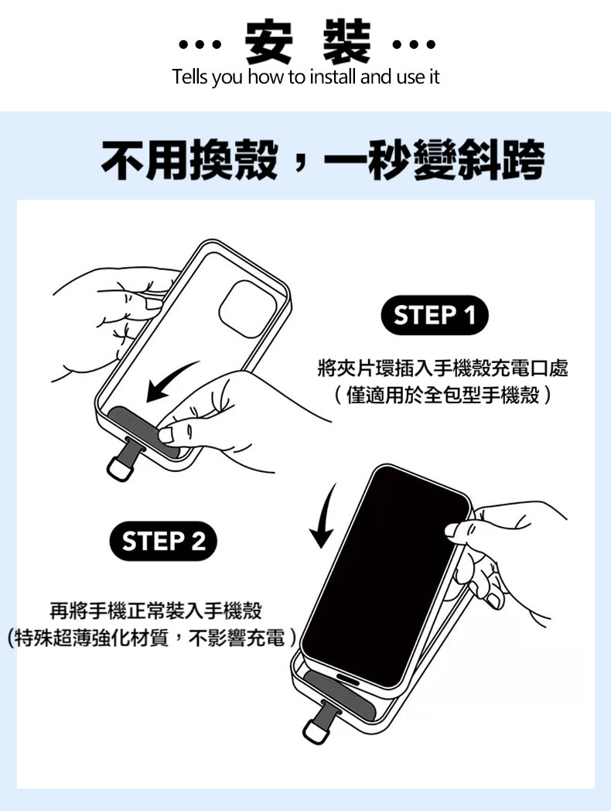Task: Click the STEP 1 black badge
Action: coord(434,315)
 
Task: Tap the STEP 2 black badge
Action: coord(163,541)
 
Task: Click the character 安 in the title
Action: coord(268,41)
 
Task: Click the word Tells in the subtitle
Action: coord(189,77)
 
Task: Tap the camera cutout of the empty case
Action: coord(247,310)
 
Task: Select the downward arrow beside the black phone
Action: coord(323,517)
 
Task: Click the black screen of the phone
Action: coord(385,577)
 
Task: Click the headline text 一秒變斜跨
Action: coord(433,160)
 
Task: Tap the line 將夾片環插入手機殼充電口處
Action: coord(442,368)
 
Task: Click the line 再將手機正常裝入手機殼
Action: coord(155,611)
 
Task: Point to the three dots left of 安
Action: coord(200,44)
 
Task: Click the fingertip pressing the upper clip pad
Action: coord(166,434)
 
